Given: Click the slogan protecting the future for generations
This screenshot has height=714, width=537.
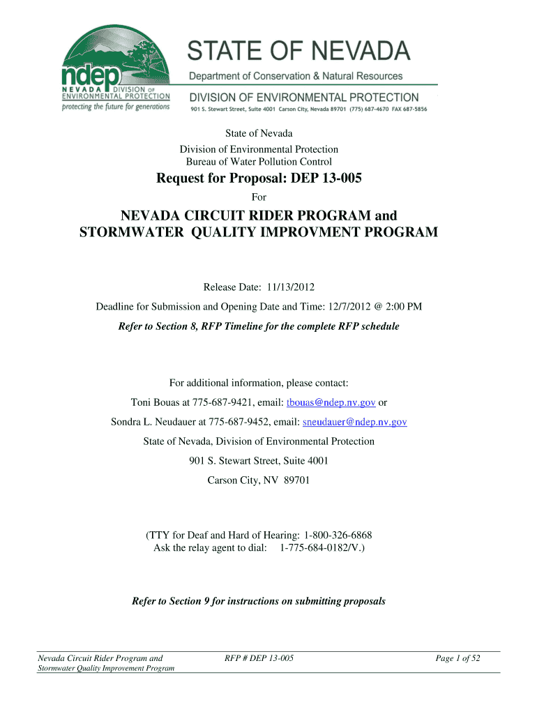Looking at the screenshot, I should [116, 107].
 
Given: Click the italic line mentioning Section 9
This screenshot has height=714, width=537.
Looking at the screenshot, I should [259, 601].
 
